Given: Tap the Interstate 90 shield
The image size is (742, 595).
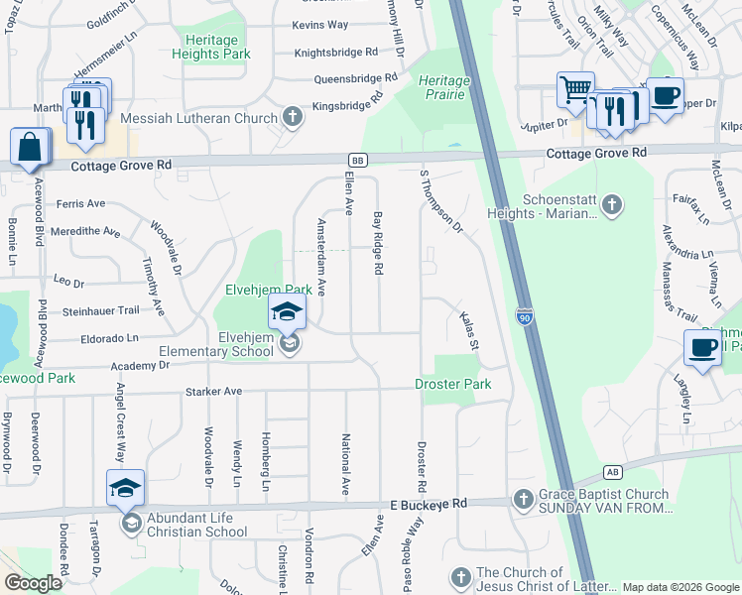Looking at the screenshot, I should click(x=525, y=316).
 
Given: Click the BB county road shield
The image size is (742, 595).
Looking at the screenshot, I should click(x=357, y=160).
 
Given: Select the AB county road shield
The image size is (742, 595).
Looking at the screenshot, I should click(x=614, y=471).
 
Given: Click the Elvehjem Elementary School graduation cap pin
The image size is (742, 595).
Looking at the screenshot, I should click(x=287, y=312).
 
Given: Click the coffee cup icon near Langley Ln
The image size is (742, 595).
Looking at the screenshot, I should click(x=702, y=348).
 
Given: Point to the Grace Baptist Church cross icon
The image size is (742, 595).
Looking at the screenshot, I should click(x=524, y=497).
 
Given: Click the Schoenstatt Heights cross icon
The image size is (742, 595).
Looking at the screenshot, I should click(x=613, y=205).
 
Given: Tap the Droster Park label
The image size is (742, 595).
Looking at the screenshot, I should click(x=453, y=384).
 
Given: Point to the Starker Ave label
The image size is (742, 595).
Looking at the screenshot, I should click(x=213, y=393).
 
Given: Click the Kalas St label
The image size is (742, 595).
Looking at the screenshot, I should click(x=469, y=331).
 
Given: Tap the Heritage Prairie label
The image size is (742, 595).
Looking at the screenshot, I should click(x=443, y=87).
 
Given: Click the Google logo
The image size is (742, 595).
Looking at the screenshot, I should click(x=33, y=583).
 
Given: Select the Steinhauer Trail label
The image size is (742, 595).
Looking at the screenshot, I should click(x=103, y=310).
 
